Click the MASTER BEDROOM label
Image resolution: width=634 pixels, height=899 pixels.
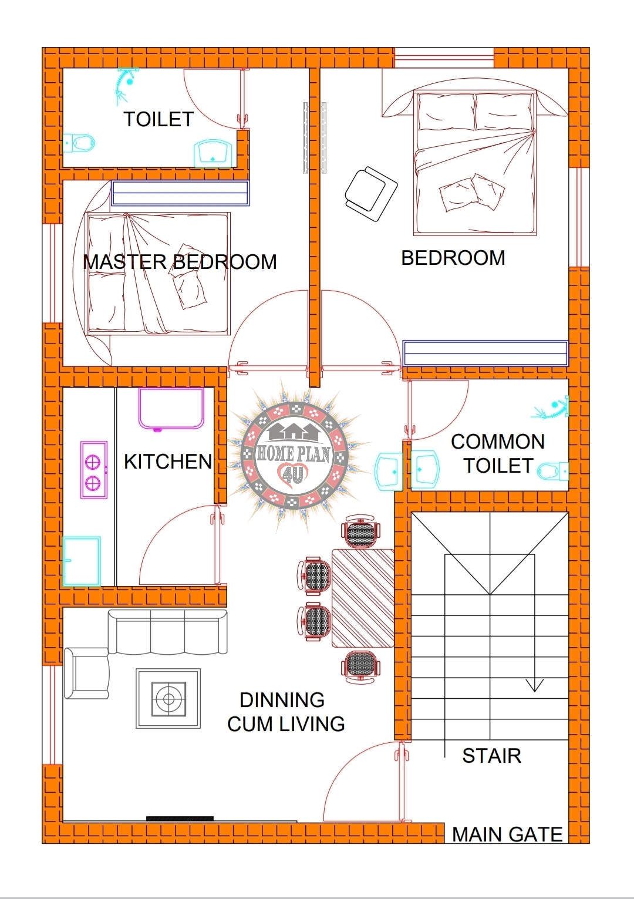point(180,262)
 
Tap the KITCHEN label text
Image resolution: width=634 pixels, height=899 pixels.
point(168,462)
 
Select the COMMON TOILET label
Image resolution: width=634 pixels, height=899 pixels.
point(498,453)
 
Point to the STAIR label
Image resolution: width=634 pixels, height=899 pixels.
point(491,756)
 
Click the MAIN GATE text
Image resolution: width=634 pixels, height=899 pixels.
point(507,834)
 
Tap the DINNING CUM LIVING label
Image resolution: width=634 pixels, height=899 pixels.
point(286,712)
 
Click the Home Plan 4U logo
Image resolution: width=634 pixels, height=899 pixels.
point(294,453)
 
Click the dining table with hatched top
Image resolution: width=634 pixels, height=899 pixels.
point(363,598)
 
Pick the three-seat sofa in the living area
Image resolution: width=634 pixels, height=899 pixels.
point(168,632)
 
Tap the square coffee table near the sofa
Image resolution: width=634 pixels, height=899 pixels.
point(168,699)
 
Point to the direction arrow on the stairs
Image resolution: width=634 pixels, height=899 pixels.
point(534,685)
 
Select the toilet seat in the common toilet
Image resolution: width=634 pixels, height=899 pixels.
point(552,471)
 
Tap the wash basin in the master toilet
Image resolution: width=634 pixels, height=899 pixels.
point(213,153)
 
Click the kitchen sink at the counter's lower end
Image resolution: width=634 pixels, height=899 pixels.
point(82,561)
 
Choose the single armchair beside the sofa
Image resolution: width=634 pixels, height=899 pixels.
point(87,673)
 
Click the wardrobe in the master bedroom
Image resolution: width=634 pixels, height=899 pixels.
point(180,193)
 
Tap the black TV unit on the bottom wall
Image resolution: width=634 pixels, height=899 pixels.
point(180,818)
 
